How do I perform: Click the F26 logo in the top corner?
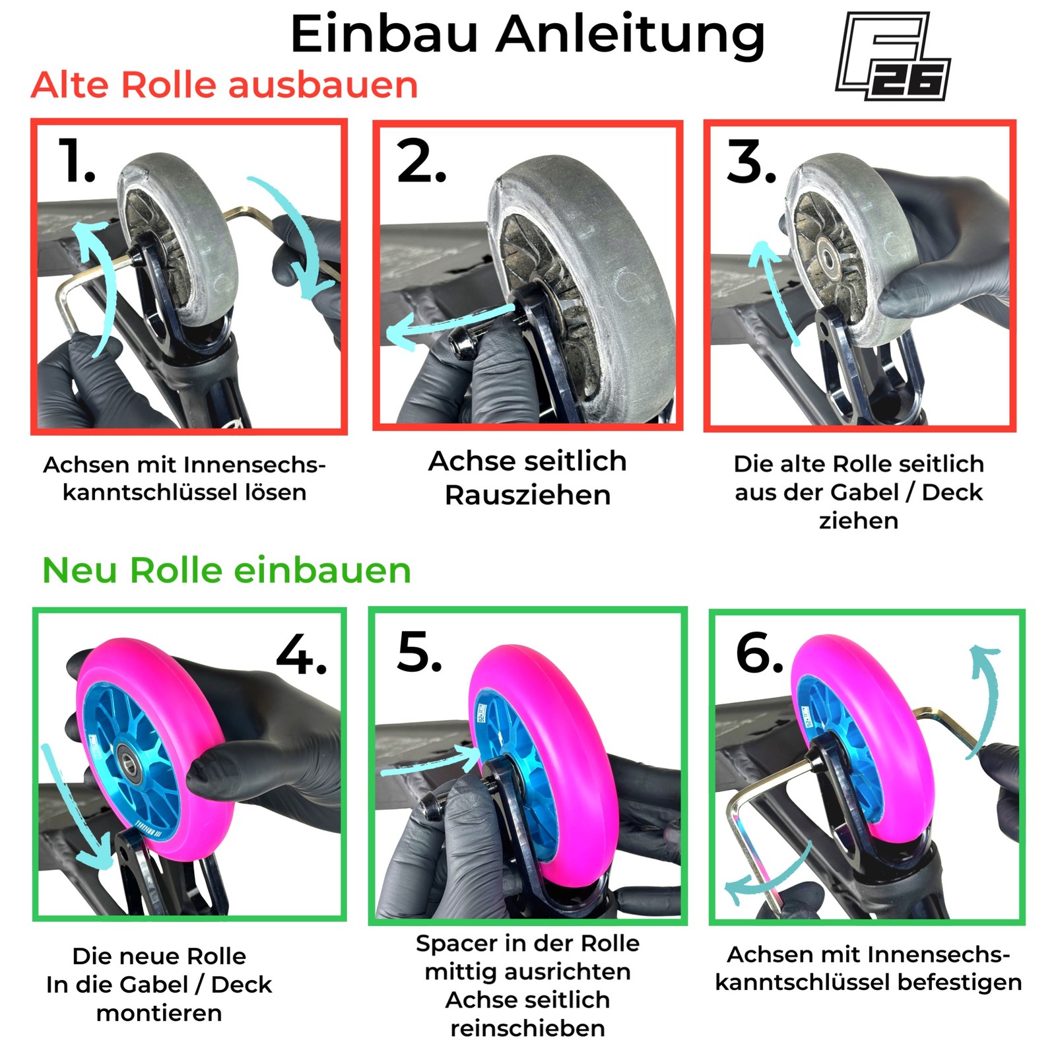(893, 57)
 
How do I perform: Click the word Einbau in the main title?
(383, 34)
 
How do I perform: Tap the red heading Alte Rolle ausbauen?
(224, 85)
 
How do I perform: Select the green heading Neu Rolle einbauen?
(226, 570)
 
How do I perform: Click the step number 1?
(76, 161)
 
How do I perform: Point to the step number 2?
(421, 162)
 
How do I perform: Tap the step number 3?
(751, 162)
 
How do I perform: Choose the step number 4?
(302, 655)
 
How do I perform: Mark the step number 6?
(759, 653)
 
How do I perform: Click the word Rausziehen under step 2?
(527, 495)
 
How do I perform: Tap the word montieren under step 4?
(159, 1012)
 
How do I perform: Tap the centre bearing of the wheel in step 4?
(129, 766)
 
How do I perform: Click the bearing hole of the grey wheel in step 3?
(826, 254)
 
